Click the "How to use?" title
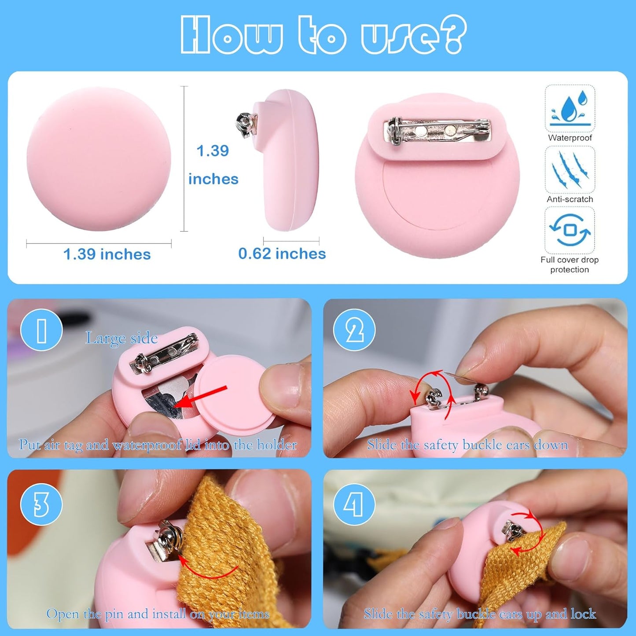324,35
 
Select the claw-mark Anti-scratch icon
570,169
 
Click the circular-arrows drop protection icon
570,230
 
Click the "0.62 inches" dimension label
282,254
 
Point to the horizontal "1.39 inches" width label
107,254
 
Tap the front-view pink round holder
99,159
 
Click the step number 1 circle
41,330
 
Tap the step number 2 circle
354,330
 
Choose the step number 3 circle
41,505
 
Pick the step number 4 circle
354,505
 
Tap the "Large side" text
121,338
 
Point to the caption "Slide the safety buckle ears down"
467,445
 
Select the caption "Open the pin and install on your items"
158,614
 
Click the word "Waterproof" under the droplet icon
570,138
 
